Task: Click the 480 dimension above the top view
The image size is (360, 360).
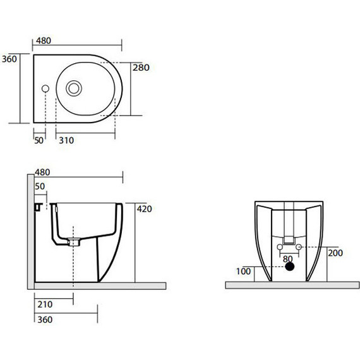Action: point(42,40)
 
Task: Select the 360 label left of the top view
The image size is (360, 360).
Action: point(9,59)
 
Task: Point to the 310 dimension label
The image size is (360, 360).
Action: point(66,140)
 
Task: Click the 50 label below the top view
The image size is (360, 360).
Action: point(39,140)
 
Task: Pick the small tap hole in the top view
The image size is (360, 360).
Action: point(45,87)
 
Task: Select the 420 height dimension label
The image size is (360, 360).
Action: point(145,209)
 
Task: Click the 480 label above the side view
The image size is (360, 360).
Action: point(42,172)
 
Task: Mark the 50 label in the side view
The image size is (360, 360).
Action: point(40,187)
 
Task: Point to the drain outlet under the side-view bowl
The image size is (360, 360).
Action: point(74,241)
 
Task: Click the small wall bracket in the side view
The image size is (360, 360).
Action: point(37,205)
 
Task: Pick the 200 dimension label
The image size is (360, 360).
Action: point(335,253)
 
